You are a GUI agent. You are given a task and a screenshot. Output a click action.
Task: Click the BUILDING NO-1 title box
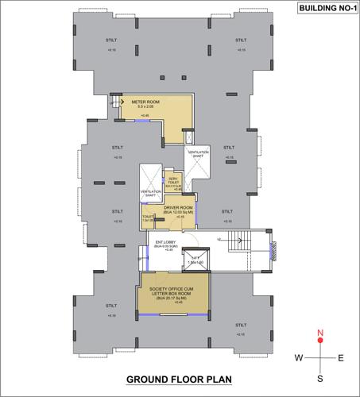click(324, 10)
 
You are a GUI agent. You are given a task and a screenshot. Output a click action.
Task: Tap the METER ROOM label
click(145, 103)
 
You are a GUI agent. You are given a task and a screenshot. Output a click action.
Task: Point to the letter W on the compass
click(299, 358)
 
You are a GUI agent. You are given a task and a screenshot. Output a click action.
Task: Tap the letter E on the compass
click(341, 358)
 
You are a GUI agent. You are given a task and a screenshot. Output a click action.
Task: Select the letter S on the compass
click(320, 379)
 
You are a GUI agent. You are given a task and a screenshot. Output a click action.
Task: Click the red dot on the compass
click(320, 341)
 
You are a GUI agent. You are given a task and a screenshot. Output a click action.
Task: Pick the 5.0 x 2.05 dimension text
click(145, 110)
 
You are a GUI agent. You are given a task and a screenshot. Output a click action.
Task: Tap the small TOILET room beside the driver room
click(147, 218)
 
